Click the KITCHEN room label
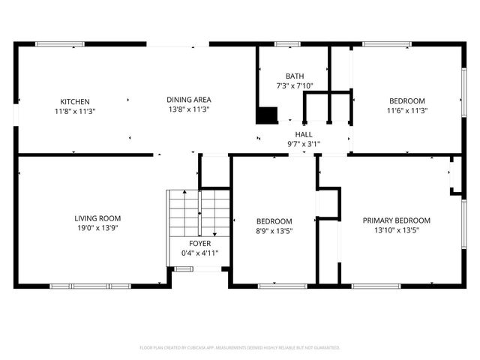75,101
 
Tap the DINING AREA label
188,99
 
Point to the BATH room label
295,76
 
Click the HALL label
304,134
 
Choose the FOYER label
199,244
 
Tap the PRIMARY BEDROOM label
397,220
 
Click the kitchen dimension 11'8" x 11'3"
75,111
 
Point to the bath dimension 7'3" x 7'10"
295,85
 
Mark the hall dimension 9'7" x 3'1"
304,144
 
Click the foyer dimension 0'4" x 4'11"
199,253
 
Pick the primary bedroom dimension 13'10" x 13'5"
397,230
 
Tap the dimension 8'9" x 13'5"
274,231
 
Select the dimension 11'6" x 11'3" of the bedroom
406,111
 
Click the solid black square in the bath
267,115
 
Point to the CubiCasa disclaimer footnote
240,348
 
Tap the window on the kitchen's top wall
60,44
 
